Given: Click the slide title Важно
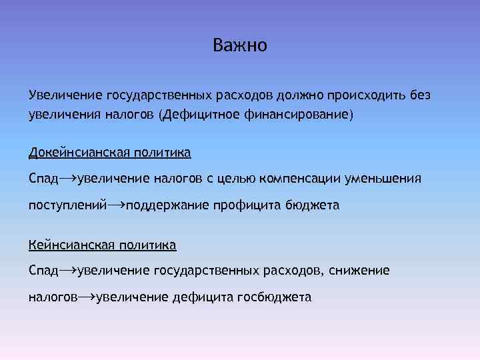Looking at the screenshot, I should pyautogui.click(x=240, y=46).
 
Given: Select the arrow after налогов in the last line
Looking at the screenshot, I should pyautogui.click(x=86, y=297).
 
